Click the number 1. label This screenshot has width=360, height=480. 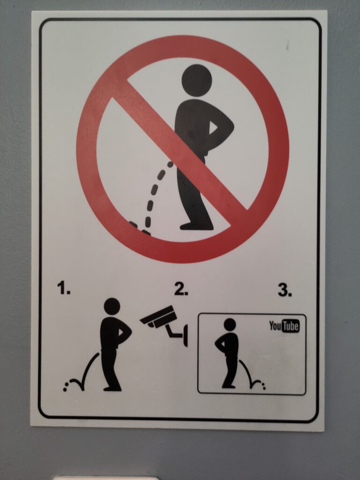pos(64,288)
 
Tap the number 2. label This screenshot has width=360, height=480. pos(181,289)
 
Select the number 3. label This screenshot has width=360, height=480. pos(285,290)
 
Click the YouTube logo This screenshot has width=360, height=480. pos(284,326)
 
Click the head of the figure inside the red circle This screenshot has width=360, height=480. pos(196,81)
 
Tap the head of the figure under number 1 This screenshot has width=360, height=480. pos(112,307)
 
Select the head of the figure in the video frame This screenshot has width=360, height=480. pos(230,324)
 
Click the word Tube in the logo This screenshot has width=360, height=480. pos(290,326)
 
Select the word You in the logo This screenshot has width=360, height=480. pos(275,326)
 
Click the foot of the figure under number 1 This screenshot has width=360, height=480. pos(112,389)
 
